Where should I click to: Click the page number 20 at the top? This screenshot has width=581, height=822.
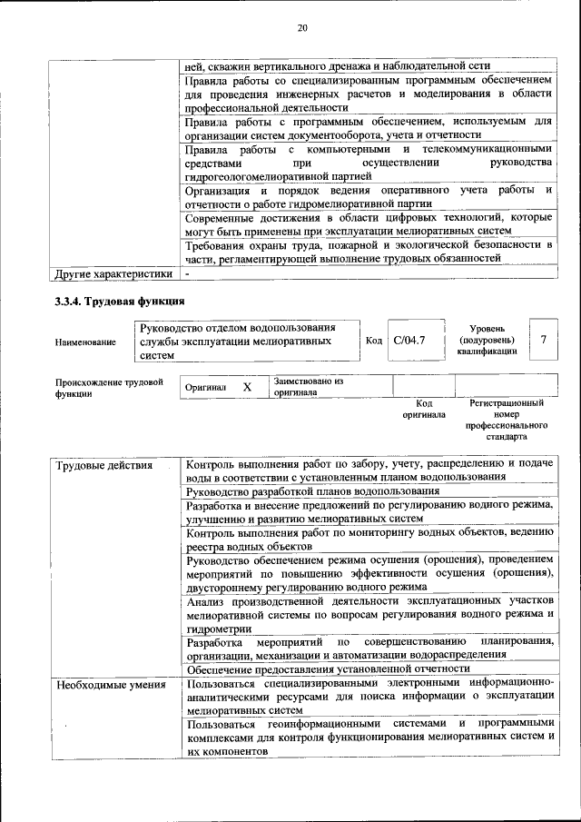click(x=302, y=28)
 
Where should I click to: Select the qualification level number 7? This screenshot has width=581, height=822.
click(x=543, y=340)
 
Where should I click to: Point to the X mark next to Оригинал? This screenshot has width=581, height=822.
click(x=247, y=387)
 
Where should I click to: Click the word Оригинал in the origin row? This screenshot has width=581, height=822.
click(x=205, y=388)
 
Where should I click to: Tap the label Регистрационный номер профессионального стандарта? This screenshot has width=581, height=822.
click(x=507, y=419)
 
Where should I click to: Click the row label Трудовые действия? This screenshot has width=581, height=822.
click(x=92, y=466)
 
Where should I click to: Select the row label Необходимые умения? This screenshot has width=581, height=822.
click(x=97, y=685)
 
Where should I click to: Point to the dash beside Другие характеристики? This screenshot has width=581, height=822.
click(x=187, y=272)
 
